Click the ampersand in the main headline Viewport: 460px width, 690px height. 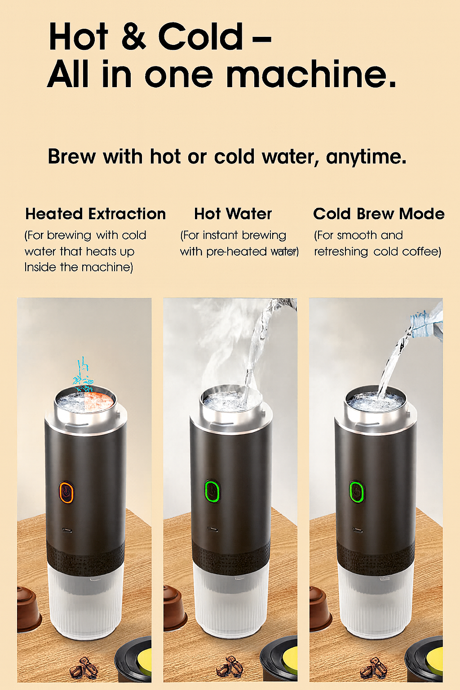point(133,37)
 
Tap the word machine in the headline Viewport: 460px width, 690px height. point(311,75)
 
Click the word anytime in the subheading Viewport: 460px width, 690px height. point(366,157)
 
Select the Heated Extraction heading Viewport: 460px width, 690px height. point(95,214)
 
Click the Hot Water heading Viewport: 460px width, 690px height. point(233,214)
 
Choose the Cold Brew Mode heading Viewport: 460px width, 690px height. point(378,214)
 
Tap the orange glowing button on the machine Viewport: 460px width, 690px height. point(66,492)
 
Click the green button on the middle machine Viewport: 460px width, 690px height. point(212,491)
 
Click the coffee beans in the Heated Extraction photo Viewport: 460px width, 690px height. point(84,668)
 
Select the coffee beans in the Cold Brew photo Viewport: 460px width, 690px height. point(374,668)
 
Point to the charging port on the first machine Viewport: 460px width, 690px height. point(67,531)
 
